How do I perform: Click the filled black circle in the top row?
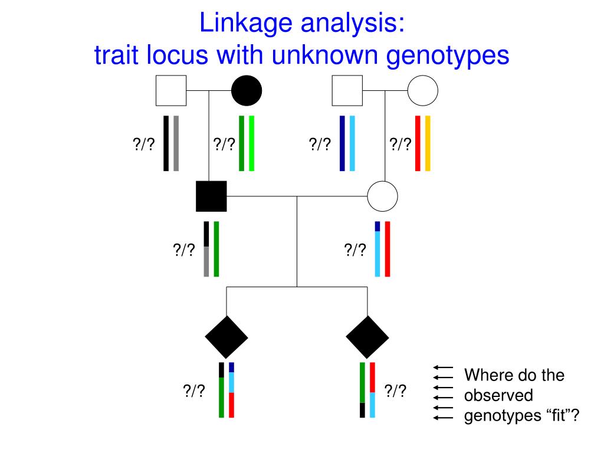tap(247, 91)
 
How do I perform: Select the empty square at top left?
tap(171, 91)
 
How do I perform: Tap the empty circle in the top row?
tap(422, 91)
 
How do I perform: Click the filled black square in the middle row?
tap(211, 196)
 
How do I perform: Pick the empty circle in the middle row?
tap(382, 196)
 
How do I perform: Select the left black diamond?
tap(226, 337)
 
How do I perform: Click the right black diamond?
tap(367, 337)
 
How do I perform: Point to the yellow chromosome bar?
tap(428, 143)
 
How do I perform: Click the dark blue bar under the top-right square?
tap(342, 143)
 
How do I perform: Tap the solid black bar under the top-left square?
tap(166, 143)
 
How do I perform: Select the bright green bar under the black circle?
tap(252, 143)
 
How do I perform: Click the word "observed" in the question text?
tap(498, 395)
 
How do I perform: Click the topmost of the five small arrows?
tap(442, 367)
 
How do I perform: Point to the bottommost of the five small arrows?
tap(442, 418)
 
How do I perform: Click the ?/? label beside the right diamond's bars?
tap(395, 390)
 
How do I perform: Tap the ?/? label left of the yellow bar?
tap(400, 143)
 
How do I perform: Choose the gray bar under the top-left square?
tap(176, 143)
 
